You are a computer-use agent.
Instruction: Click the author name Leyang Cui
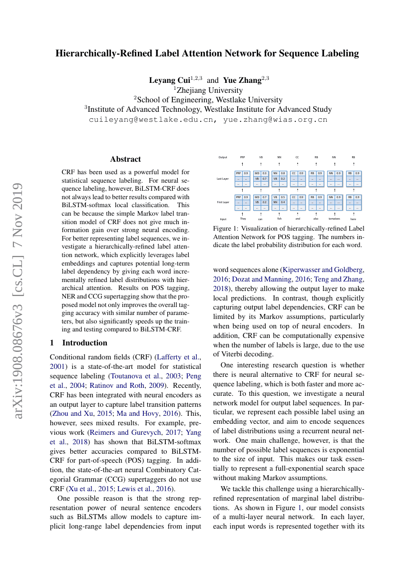[169, 80]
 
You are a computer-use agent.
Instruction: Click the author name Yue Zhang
[242, 80]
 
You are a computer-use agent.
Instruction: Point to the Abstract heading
[125, 159]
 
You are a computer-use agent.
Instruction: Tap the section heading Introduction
[84, 342]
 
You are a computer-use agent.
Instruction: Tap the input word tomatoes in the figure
[334, 219]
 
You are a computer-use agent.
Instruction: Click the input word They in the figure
[243, 219]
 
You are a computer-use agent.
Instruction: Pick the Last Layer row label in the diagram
[223, 178]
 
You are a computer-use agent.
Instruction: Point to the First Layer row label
[223, 202]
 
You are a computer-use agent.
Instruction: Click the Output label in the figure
[223, 157]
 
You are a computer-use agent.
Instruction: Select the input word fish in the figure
[279, 219]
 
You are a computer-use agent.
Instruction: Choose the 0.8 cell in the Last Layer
[283, 173]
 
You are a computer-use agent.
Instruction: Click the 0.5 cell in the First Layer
[283, 197]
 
